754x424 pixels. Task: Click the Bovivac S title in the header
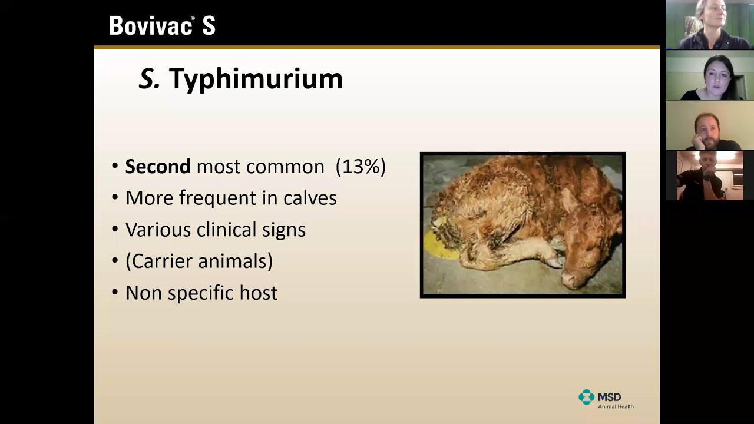[162, 26]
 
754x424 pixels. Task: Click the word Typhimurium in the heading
[256, 79]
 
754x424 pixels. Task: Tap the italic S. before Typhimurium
[149, 79]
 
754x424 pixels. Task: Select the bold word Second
[157, 167]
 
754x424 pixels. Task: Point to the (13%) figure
[361, 167]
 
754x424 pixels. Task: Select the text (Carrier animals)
[199, 261]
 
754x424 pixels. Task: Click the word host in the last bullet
[258, 293]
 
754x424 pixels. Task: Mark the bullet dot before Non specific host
[115, 293]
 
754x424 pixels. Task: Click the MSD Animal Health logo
[606, 399]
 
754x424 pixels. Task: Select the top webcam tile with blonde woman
[710, 25]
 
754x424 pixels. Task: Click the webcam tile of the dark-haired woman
[710, 75]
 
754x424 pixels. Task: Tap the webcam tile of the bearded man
[710, 125]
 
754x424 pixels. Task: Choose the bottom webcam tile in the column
[710, 175]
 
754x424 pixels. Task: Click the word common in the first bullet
[285, 167]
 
